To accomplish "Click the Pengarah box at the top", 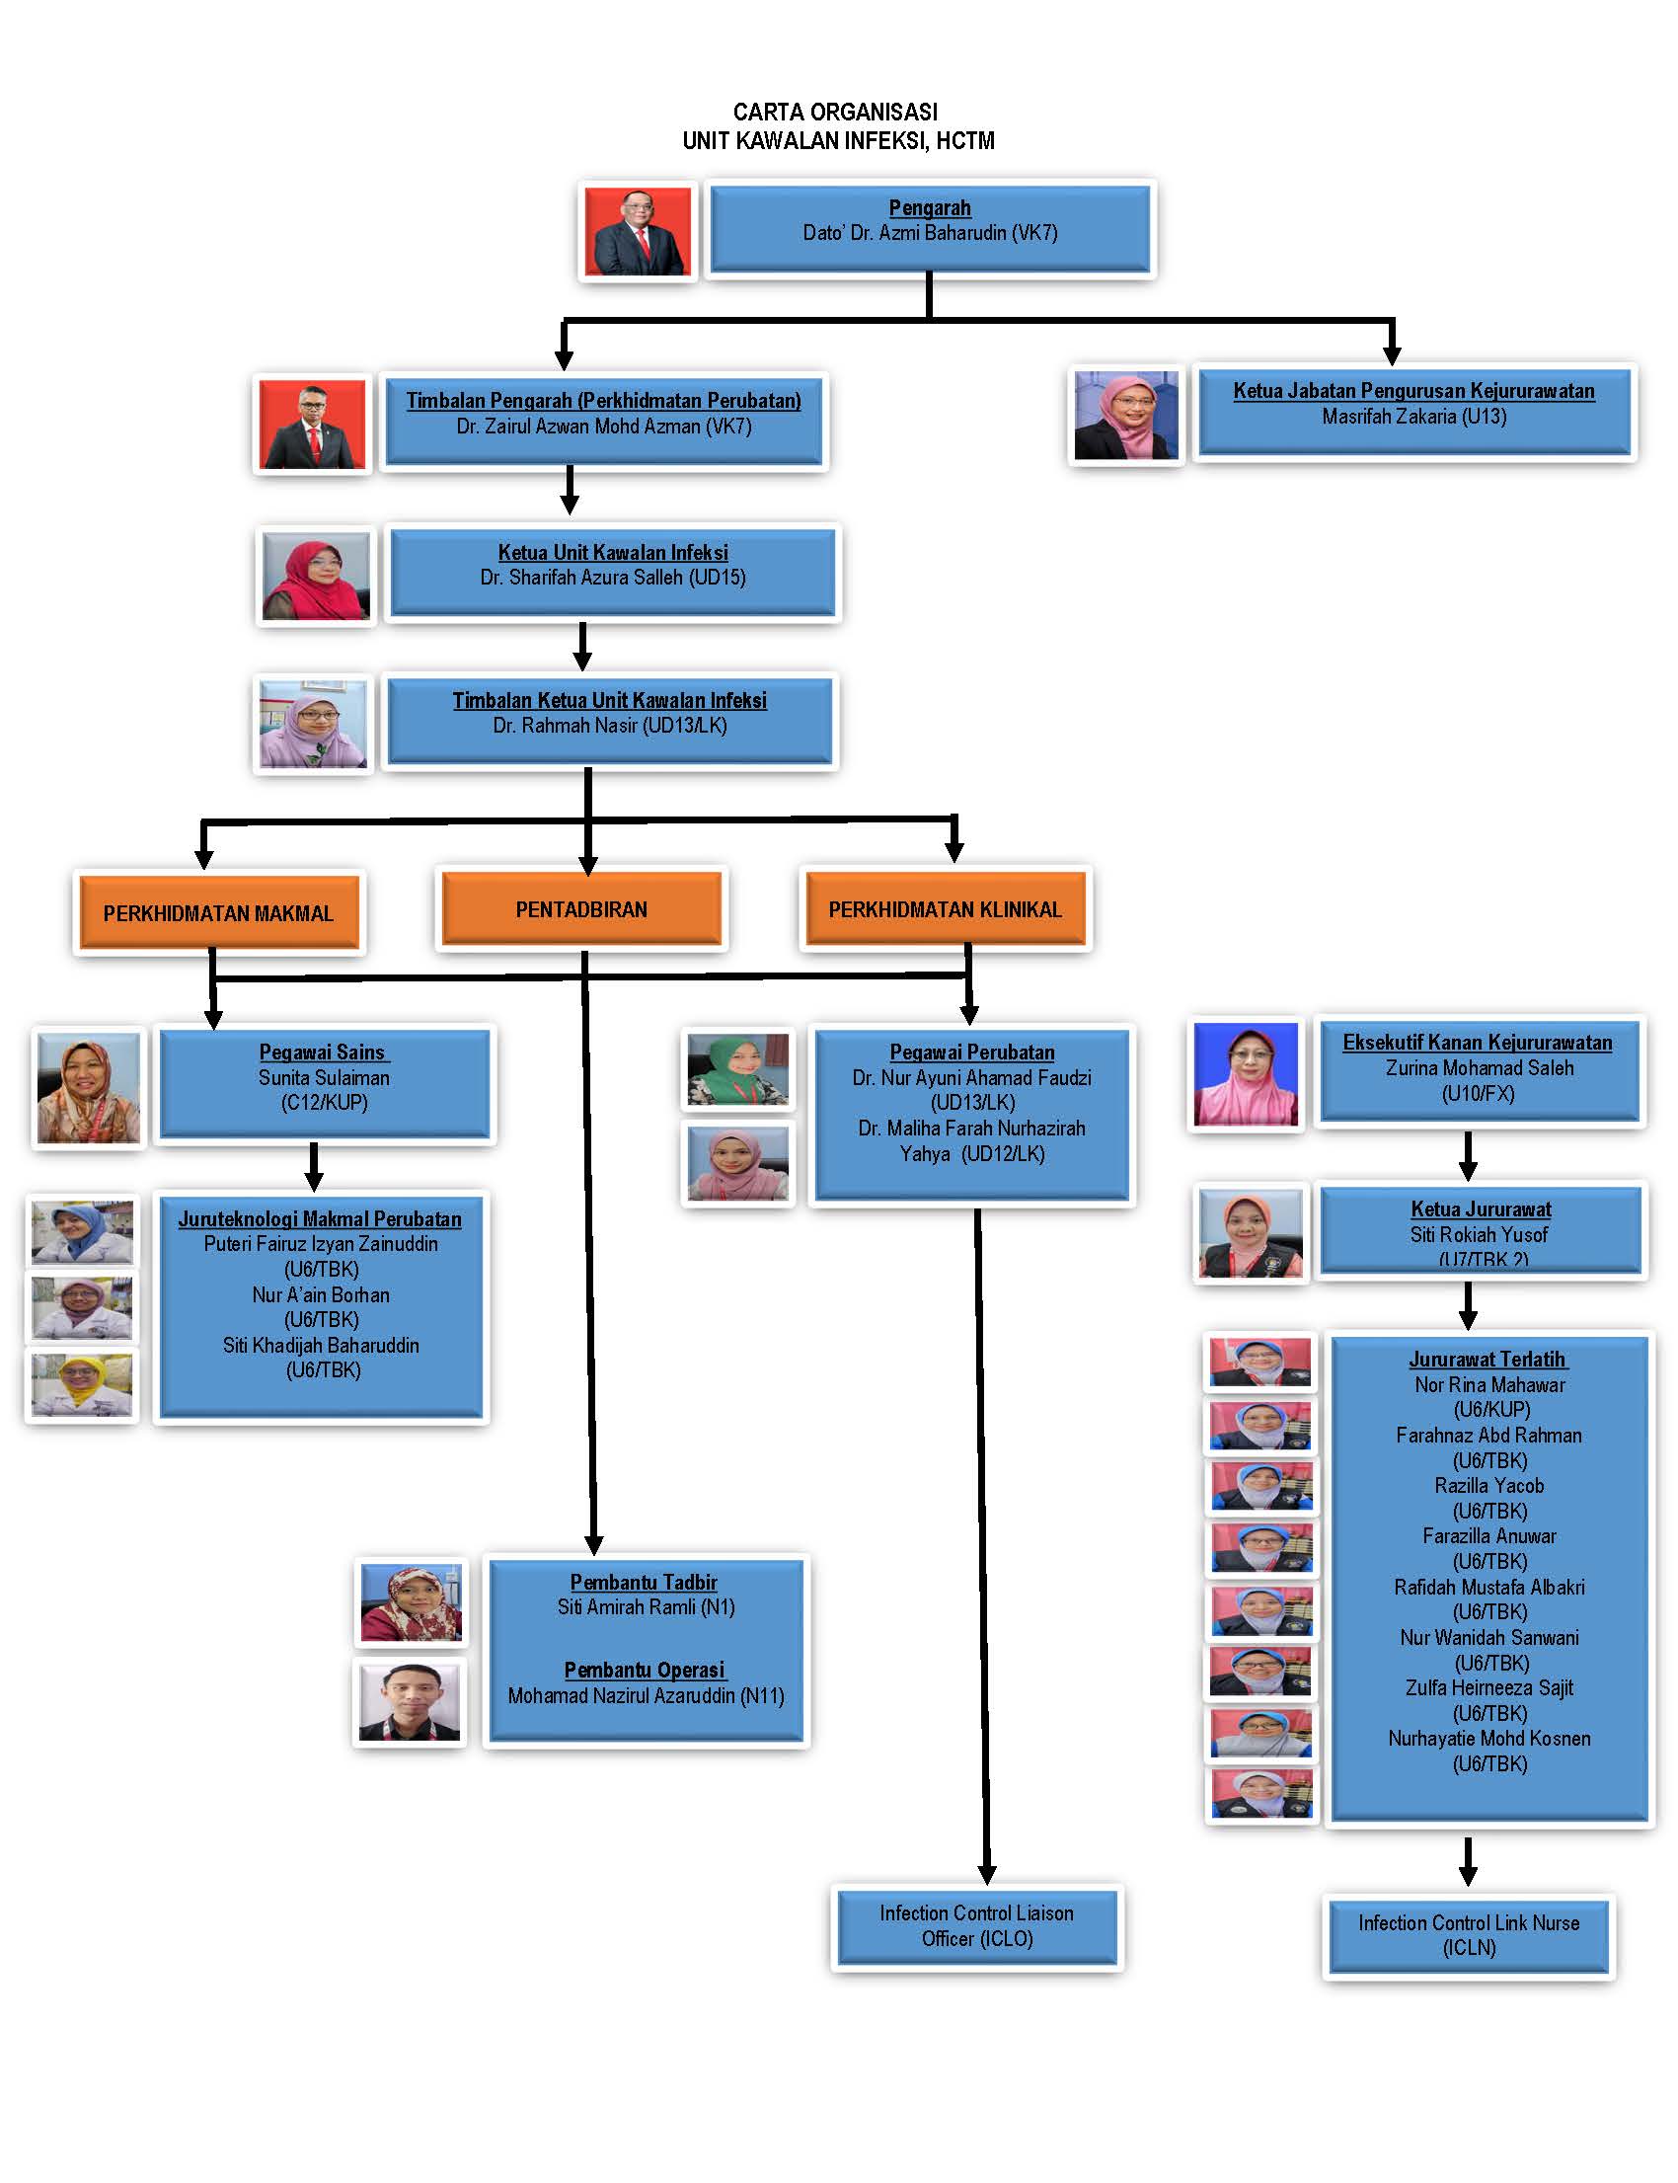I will tap(930, 228).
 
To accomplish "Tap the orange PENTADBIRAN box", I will tap(581, 909).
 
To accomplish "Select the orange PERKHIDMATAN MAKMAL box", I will tap(218, 912).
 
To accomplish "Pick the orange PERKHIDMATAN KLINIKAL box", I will tap(945, 909).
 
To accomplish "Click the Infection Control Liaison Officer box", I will tap(977, 1925).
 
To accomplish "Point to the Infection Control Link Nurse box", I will tap(1469, 1935).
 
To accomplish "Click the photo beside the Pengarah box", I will tap(638, 231).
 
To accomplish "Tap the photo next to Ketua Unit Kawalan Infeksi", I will tap(316, 577).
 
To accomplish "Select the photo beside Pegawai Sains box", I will tap(88, 1088).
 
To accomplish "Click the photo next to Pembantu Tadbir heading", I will tap(411, 1602).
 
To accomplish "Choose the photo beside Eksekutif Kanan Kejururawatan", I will tap(1246, 1074).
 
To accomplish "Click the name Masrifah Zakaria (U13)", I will tap(1413, 417).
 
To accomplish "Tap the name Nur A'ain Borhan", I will tap(321, 1294).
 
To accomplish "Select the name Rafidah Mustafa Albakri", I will tap(1488, 1587).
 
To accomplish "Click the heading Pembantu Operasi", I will tap(645, 1670).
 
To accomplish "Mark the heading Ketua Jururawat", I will tap(1481, 1208).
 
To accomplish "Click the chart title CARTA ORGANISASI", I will tap(835, 112).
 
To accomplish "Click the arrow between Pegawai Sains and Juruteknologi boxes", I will tap(314, 1166).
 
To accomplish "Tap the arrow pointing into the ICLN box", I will tap(1467, 1861).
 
